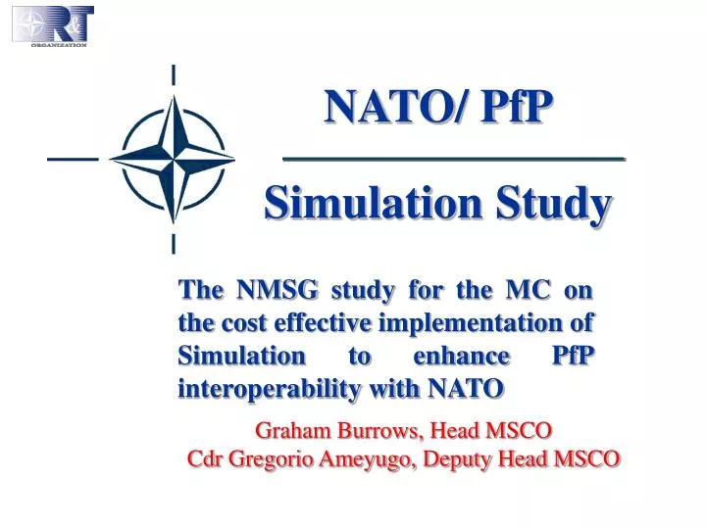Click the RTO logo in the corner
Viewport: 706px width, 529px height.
point(53,25)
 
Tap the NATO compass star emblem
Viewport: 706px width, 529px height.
point(174,157)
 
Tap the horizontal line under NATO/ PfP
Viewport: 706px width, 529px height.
point(453,158)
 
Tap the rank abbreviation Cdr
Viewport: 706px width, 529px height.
point(205,458)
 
